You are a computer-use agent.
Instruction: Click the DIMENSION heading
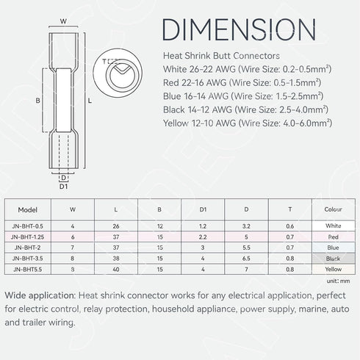pos(239,29)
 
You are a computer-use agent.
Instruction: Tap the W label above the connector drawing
pos(63,21)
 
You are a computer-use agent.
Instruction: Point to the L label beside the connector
pos(90,101)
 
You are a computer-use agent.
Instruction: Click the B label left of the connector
pos(37,101)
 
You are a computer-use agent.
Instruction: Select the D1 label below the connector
pos(63,187)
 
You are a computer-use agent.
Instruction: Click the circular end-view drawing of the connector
pos(118,73)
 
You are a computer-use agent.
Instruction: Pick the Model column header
pos(28,209)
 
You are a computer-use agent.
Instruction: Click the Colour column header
pos(333,209)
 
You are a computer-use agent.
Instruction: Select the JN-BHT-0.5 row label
pos(27,226)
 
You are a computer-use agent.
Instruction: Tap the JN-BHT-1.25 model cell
pos(27,237)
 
